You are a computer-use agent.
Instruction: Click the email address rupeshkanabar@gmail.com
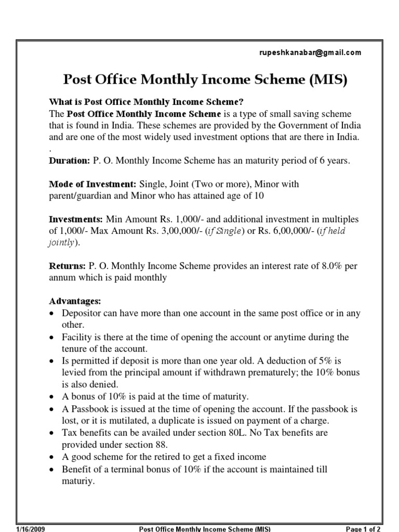pyautogui.click(x=310, y=52)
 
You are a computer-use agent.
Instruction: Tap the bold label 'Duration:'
pyautogui.click(x=70, y=161)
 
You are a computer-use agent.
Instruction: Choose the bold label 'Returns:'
pyautogui.click(x=68, y=266)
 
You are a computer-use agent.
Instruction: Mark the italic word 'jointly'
pyautogui.click(x=61, y=243)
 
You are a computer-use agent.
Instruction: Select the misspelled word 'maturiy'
pyautogui.click(x=78, y=482)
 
